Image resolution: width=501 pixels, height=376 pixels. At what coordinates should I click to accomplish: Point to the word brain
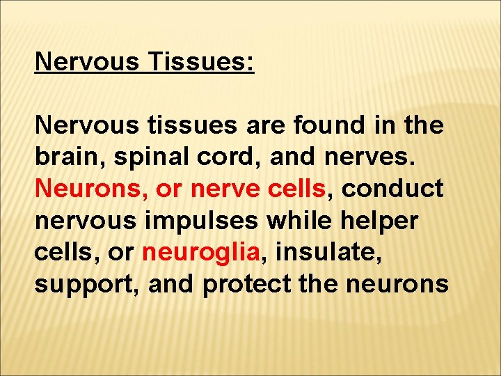click(x=69, y=157)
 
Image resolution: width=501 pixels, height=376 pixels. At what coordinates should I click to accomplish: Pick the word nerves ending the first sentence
click(x=376, y=158)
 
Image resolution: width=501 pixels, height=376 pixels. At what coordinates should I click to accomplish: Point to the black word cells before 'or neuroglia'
click(x=61, y=251)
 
